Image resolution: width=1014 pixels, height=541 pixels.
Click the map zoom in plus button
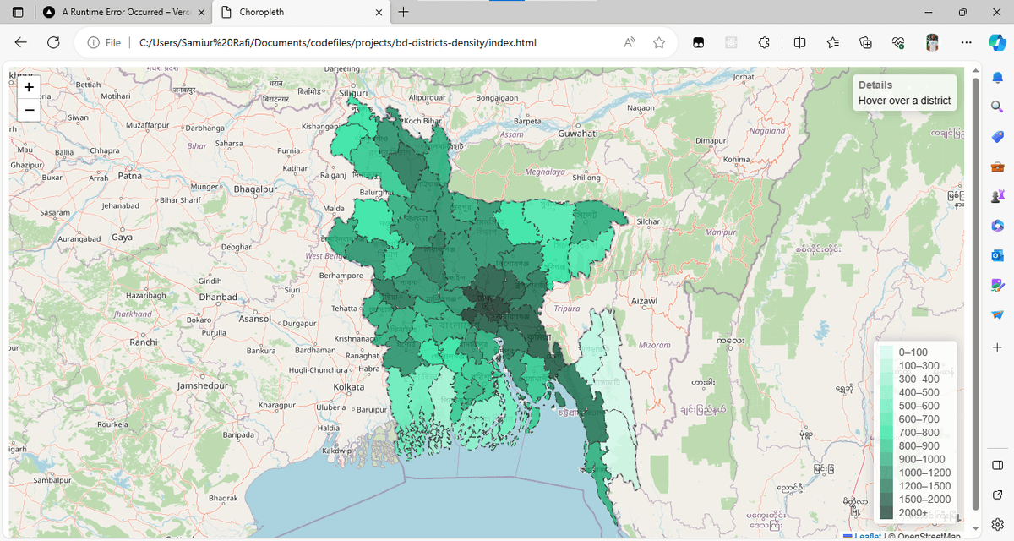point(29,87)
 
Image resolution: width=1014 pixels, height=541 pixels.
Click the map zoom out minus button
point(29,110)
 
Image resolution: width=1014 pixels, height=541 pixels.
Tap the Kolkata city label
point(348,386)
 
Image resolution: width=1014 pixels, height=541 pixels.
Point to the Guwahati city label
point(578,134)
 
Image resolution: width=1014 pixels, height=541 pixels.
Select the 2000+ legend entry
point(912,513)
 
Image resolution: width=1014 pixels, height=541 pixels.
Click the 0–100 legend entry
point(913,352)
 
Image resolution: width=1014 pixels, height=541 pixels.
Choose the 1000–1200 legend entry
point(924,473)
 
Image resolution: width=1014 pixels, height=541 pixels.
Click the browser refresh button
point(53,42)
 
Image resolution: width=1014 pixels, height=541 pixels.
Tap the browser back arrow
point(21,42)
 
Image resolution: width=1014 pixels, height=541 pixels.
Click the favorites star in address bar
point(659,42)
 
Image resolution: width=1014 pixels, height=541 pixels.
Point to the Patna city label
point(130,177)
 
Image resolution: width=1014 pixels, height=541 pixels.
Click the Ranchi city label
point(144,342)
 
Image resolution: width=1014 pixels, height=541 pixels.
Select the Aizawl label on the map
point(645,301)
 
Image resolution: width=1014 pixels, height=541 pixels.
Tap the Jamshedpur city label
point(204,385)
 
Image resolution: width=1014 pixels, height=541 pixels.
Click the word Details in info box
point(875,85)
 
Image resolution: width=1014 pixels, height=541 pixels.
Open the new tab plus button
point(403,12)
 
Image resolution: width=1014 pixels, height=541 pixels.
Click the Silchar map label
point(648,221)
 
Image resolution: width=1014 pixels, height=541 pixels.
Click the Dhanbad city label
point(218,298)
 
